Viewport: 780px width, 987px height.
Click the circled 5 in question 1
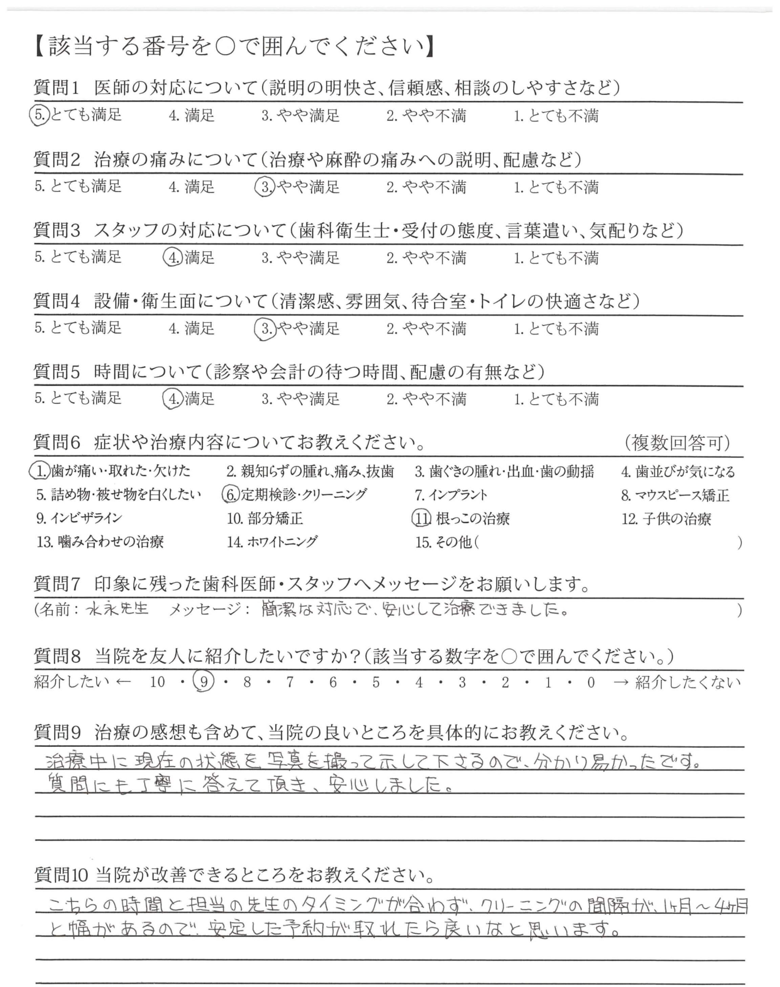(39, 115)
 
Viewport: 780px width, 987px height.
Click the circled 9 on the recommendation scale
(204, 682)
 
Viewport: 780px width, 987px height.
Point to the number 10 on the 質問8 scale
(157, 682)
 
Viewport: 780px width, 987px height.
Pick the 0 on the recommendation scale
(591, 682)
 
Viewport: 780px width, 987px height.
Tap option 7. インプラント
(451, 495)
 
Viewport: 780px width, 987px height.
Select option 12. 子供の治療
(666, 519)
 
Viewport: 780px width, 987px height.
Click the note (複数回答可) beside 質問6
(677, 442)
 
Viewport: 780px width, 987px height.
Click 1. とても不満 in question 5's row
(556, 399)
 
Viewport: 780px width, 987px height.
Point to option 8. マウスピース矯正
(675, 495)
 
